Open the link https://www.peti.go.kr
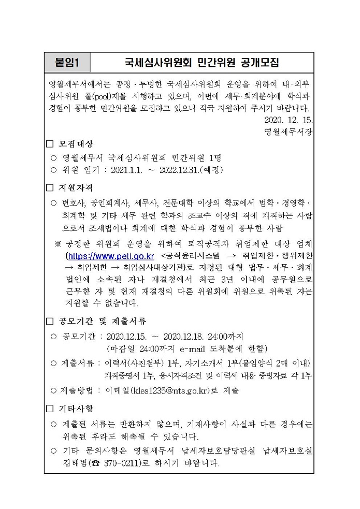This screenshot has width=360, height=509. point(110,256)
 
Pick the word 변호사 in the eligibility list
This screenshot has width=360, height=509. point(74,202)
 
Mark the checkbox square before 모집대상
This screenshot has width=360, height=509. point(50,143)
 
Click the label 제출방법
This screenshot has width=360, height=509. point(79,390)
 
